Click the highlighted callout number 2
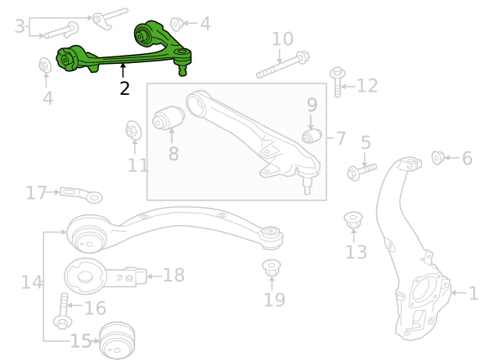tap(124, 88)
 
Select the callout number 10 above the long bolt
tap(282, 38)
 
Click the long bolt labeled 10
tap(282, 65)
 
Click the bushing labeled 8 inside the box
tap(168, 118)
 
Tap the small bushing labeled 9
tap(311, 135)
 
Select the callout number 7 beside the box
tap(340, 138)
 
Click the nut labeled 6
tap(438, 157)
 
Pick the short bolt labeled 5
tap(361, 171)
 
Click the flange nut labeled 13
tap(353, 220)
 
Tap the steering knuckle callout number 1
tap(474, 293)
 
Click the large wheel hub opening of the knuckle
tap(424, 290)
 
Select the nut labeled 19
tap(272, 267)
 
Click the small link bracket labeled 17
tap(81, 194)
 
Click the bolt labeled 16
tap(64, 311)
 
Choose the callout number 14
tap(31, 282)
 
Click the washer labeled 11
tap(133, 130)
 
